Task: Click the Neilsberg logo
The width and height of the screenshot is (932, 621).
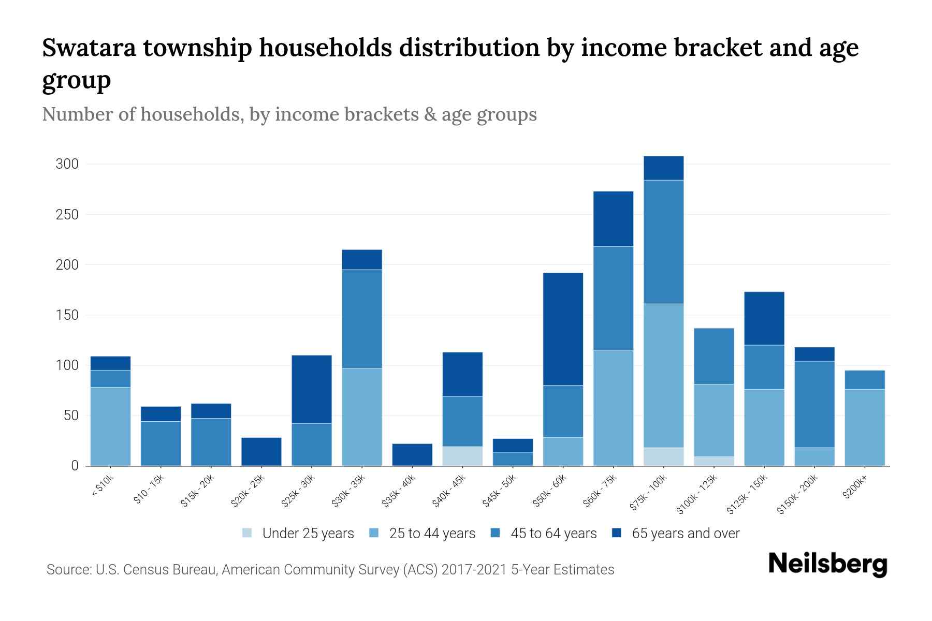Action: point(827,564)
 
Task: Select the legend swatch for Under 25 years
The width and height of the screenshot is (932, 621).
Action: point(247,533)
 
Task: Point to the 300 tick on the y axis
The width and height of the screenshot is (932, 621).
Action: point(67,164)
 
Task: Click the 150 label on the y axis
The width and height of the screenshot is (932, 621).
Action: point(67,315)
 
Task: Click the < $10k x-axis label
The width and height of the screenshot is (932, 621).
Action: point(103,486)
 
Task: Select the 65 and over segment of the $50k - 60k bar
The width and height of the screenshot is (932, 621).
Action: point(563,329)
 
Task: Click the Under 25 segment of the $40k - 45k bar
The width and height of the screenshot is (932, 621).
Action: point(462,456)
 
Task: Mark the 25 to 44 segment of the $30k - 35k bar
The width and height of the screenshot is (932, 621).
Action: point(362,417)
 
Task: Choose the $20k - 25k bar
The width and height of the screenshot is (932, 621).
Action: point(261,452)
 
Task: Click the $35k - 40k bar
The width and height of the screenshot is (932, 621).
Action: point(412,454)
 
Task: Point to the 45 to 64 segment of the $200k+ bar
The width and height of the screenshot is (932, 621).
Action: point(864,380)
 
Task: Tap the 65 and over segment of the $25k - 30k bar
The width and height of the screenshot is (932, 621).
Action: point(312,389)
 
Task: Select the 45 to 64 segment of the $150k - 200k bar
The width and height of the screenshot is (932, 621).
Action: point(814,404)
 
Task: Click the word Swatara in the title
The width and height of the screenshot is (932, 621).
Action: point(88,48)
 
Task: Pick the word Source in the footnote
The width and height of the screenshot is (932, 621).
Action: point(67,570)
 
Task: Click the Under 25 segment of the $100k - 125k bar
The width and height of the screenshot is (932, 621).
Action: point(713,461)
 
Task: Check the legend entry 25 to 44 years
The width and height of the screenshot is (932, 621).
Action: point(432,533)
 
